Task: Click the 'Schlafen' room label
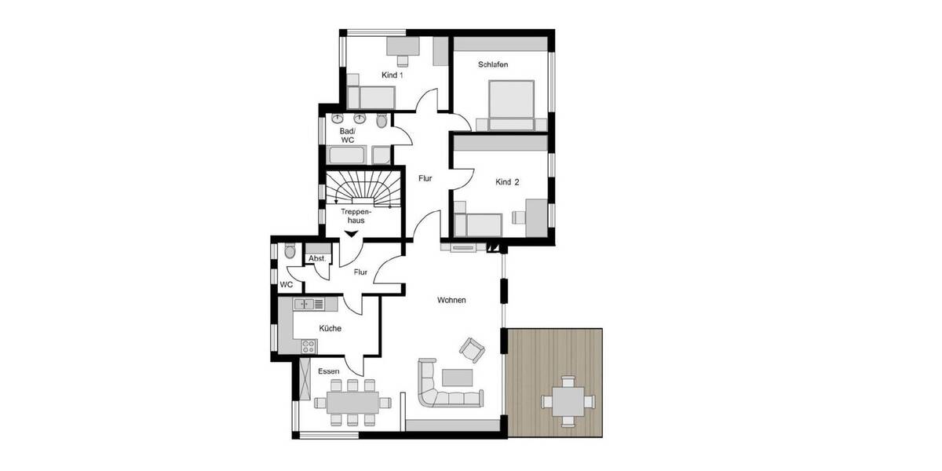(x=493, y=65)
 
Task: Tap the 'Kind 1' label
(x=392, y=75)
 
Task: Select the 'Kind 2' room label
(x=507, y=182)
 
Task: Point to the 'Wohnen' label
(x=452, y=300)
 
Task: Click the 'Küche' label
(x=330, y=328)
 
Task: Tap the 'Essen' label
(x=329, y=371)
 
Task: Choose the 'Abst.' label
(x=317, y=258)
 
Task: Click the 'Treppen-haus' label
(x=357, y=216)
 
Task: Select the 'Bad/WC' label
(x=347, y=135)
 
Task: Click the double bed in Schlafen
(x=511, y=104)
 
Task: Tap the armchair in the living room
(x=473, y=349)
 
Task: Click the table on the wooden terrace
(x=568, y=401)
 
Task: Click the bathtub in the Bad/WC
(x=347, y=155)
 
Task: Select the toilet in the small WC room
(x=290, y=251)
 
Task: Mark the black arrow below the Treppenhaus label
(x=351, y=232)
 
